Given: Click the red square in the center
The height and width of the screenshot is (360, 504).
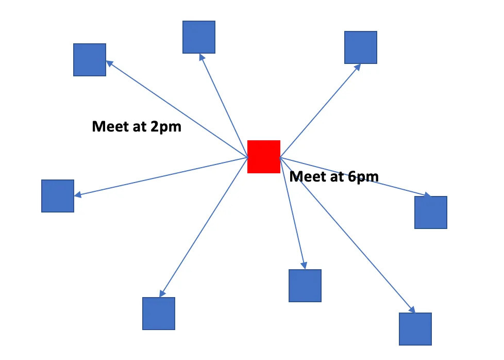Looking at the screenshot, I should click(264, 156).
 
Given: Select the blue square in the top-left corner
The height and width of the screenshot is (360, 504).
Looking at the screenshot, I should click(90, 60).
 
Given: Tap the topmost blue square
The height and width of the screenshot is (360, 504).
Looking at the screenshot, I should click(199, 37).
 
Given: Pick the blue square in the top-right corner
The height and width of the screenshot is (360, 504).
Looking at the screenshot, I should click(361, 47).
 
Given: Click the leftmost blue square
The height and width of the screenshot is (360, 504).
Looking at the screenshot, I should click(58, 196).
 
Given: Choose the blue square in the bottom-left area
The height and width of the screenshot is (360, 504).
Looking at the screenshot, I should click(159, 314).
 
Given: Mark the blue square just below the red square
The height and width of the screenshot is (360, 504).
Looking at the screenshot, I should click(305, 286).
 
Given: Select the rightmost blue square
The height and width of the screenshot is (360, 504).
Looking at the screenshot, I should click(431, 212).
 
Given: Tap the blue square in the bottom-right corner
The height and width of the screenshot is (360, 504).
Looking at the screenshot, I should click(415, 329).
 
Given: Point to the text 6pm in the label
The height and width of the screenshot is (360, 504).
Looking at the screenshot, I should click(363, 176).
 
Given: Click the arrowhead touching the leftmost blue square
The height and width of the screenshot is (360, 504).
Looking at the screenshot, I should click(78, 195).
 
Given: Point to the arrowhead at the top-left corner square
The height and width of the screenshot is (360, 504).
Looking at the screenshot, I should click(109, 63).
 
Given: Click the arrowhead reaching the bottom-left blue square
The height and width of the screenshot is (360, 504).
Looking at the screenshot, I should click(161, 293).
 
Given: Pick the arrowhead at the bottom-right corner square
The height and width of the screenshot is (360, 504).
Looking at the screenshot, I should click(412, 309).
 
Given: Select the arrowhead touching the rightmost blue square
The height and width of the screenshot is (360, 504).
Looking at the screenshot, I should click(427, 195).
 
